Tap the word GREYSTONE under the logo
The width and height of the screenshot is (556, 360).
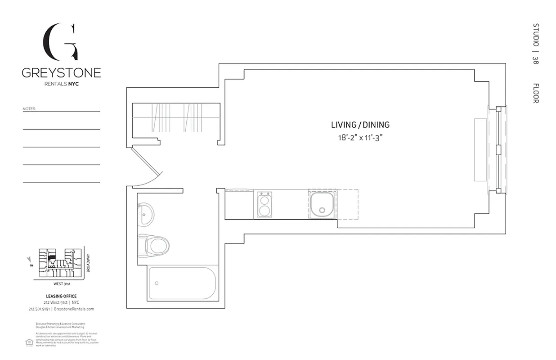click(x=61, y=73)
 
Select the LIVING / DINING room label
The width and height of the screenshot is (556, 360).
click(x=360, y=125)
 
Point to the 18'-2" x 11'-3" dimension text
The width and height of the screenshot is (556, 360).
click(x=360, y=138)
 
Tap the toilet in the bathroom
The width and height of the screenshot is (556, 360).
click(x=154, y=245)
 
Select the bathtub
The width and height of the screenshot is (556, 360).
click(x=182, y=283)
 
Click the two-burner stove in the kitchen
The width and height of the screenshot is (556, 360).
click(x=264, y=205)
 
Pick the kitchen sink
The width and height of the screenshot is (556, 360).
click(x=322, y=204)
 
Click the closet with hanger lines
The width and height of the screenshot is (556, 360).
click(x=176, y=118)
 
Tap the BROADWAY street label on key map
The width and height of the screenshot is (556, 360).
click(x=89, y=263)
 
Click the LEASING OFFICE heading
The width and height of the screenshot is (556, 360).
click(x=61, y=296)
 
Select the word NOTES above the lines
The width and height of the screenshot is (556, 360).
click(x=29, y=109)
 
